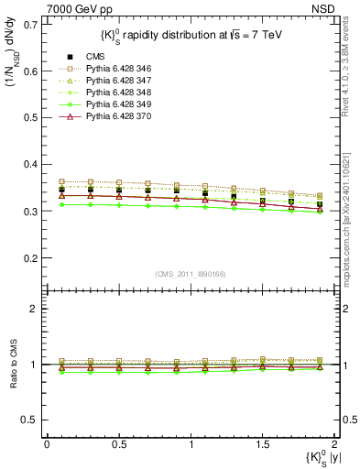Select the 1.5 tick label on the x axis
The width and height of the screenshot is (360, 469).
tap(263, 444)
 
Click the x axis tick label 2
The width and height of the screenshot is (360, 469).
tap(335, 444)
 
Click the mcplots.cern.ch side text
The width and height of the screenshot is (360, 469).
tap(349, 221)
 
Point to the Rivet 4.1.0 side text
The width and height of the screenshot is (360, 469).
tap(349, 83)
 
